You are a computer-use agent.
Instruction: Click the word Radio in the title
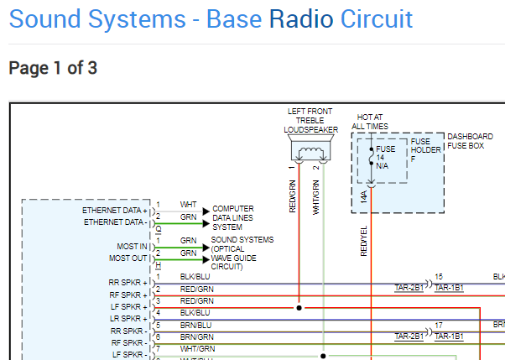click(301, 19)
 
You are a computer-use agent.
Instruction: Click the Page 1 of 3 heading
click(53, 68)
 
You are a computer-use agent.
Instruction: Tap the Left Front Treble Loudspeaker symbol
click(310, 148)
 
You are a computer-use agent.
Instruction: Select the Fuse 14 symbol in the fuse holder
click(372, 157)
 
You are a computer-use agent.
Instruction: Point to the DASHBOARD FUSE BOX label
click(470, 141)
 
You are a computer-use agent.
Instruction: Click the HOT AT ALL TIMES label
click(370, 122)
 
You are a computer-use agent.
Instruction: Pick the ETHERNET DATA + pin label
click(115, 211)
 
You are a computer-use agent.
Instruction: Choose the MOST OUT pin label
click(128, 258)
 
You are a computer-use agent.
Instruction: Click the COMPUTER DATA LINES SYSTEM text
click(233, 218)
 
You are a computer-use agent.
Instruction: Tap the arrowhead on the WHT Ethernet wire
click(206, 211)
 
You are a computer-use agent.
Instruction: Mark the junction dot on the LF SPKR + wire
click(299, 308)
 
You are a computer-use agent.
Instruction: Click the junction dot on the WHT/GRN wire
click(323, 356)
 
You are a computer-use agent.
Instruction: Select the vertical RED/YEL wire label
click(364, 241)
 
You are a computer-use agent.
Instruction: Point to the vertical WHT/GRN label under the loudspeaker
click(316, 197)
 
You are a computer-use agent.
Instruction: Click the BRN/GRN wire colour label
click(197, 337)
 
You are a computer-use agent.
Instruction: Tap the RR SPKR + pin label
click(128, 283)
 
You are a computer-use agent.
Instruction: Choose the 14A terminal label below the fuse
click(363, 196)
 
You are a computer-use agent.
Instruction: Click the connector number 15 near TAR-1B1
click(439, 277)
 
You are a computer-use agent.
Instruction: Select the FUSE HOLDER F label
click(425, 150)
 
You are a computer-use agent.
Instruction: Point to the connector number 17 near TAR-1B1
click(439, 326)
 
